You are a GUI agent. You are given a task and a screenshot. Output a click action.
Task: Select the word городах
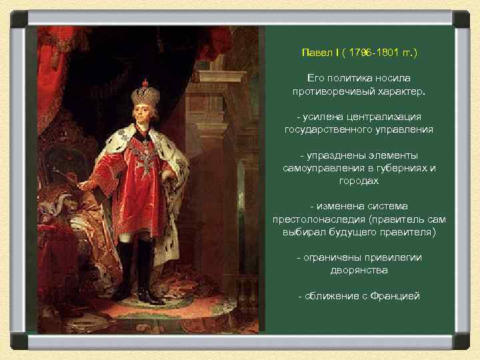point(359,181)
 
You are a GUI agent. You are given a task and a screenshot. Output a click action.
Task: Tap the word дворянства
point(359,271)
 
